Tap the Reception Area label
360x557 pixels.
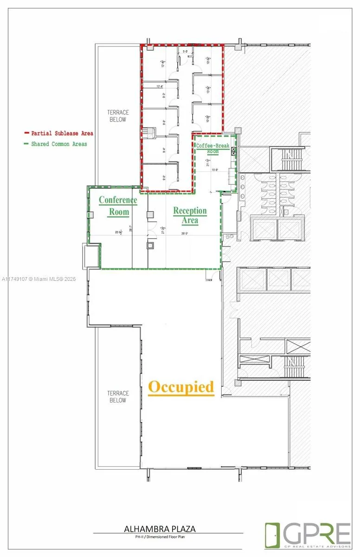pos(190,215)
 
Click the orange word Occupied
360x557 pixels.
pos(181,387)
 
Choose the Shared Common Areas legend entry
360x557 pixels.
pos(56,144)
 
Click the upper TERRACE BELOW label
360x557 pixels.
pos(118,116)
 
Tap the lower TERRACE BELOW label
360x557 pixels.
pos(118,397)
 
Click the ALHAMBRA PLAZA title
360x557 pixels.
pos(160,529)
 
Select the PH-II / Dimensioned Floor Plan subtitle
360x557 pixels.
pos(160,537)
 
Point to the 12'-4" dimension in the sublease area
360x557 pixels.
pos(161,86)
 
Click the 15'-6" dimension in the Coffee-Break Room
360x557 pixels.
pos(215,170)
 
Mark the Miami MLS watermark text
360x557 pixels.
pos(39,279)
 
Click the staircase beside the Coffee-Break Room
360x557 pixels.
pos(289,159)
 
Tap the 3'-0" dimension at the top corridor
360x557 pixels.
pos(186,52)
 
